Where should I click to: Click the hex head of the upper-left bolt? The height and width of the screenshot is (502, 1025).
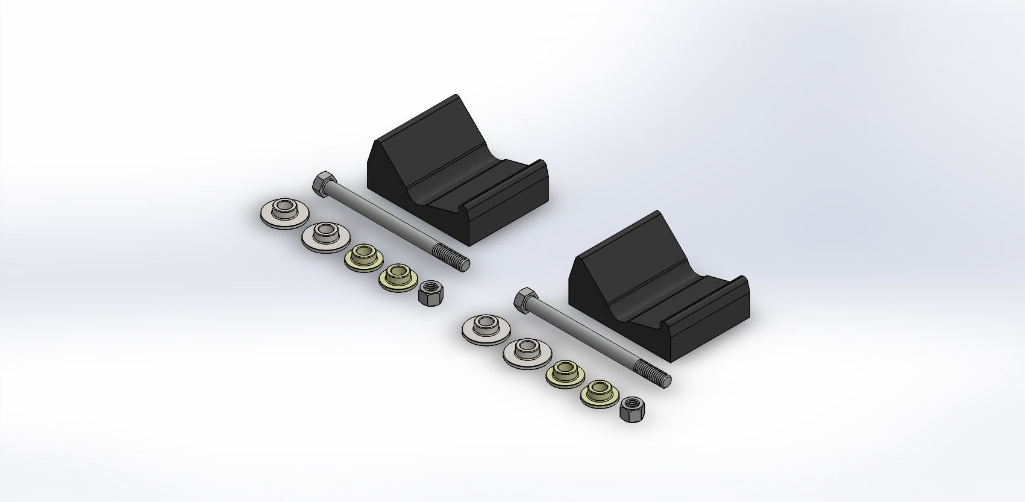click(x=321, y=181)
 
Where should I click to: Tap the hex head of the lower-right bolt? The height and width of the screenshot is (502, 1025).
click(x=523, y=297)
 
